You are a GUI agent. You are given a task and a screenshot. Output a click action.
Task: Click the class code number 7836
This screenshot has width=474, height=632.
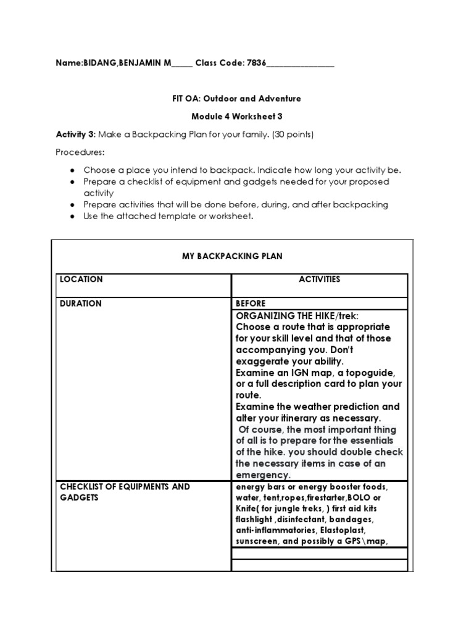[256, 64]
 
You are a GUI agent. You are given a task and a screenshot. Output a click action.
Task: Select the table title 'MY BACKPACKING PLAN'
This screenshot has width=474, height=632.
[231, 256]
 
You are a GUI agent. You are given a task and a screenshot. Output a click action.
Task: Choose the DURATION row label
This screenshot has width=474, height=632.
[81, 304]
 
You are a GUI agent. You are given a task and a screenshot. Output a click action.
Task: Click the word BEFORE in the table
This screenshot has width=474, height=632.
[251, 304]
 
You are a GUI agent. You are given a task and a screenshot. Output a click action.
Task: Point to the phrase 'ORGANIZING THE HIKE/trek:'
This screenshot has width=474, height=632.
[296, 315]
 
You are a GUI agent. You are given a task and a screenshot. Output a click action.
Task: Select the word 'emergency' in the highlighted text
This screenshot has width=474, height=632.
[262, 475]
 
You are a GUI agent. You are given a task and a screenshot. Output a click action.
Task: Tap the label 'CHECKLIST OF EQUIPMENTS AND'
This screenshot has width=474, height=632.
[125, 487]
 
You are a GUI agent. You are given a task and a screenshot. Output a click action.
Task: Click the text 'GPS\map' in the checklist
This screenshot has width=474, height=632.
[369, 542]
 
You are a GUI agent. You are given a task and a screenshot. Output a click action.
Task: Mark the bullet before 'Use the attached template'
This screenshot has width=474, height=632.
[72, 216]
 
